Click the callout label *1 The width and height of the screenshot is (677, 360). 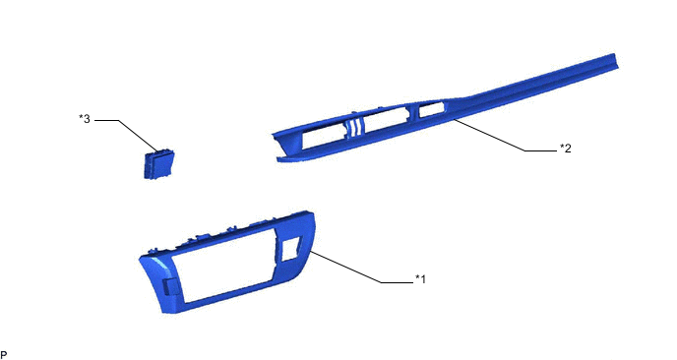pos(420,279)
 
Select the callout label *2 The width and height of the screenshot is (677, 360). pos(566,149)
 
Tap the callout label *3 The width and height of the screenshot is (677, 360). pos(85,119)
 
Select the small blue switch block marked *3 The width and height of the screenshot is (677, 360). pos(158,164)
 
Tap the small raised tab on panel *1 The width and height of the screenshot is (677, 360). pos(171,287)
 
